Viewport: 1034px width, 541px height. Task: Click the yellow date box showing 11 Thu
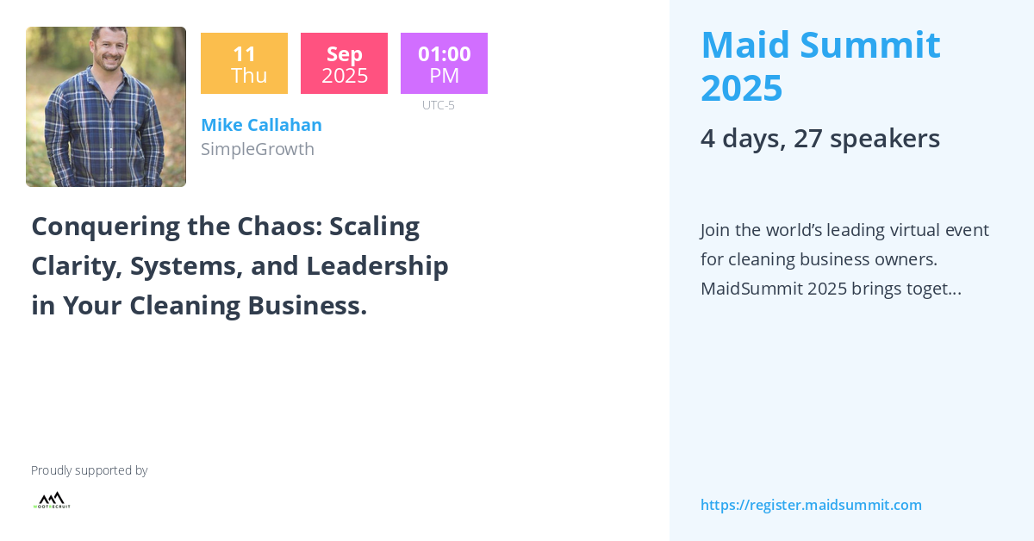pyautogui.click(x=244, y=64)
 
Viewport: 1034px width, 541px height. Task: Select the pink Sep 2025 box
pyautogui.click(x=344, y=64)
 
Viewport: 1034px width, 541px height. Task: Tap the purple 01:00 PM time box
pyautogui.click(x=444, y=64)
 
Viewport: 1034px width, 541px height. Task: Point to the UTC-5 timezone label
pyautogui.click(x=438, y=105)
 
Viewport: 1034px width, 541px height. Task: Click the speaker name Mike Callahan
pyautogui.click(x=261, y=125)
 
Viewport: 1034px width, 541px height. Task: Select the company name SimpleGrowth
pyautogui.click(x=257, y=149)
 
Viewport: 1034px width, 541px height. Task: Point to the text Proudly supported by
pyautogui.click(x=89, y=470)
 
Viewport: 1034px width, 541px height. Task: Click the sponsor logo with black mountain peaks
pyautogui.click(x=52, y=500)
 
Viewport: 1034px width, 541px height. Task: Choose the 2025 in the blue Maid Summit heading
pyautogui.click(x=741, y=88)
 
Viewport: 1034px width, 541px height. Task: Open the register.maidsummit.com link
pyautogui.click(x=811, y=505)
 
